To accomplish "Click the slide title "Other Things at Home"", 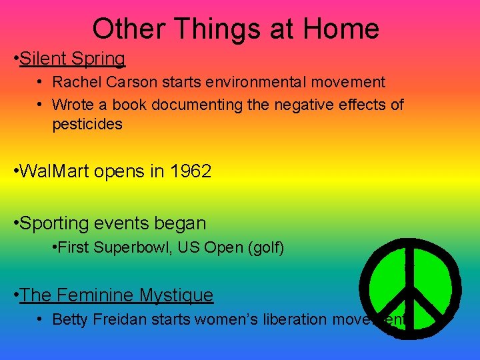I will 235,29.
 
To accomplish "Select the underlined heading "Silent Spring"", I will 72,59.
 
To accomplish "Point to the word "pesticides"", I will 87,125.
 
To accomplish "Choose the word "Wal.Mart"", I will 55,171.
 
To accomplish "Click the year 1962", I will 191,171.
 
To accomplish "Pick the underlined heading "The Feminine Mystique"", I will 117,295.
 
